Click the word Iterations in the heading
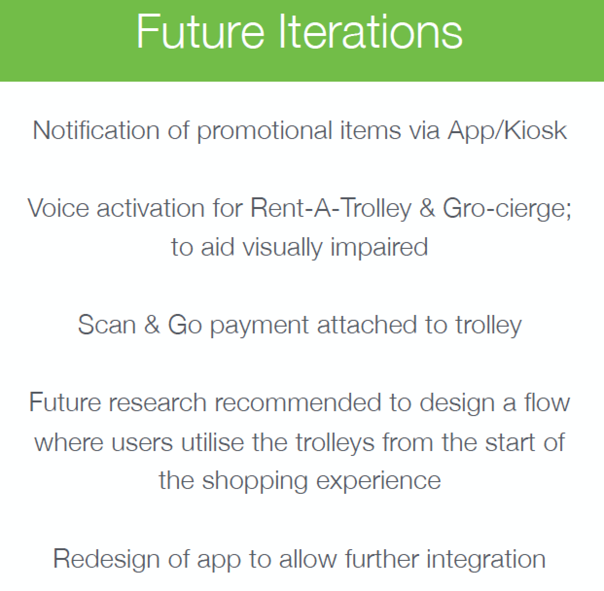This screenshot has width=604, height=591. pyautogui.click(x=371, y=31)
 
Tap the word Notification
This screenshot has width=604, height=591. pyautogui.click(x=96, y=130)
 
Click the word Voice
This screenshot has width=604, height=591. pyautogui.click(x=58, y=208)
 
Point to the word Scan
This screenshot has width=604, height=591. pyautogui.click(x=107, y=325)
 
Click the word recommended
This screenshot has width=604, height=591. pyautogui.click(x=298, y=402)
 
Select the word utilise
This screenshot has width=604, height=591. pyautogui.click(x=213, y=442)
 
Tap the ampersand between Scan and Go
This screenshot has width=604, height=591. pyautogui.click(x=152, y=325)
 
